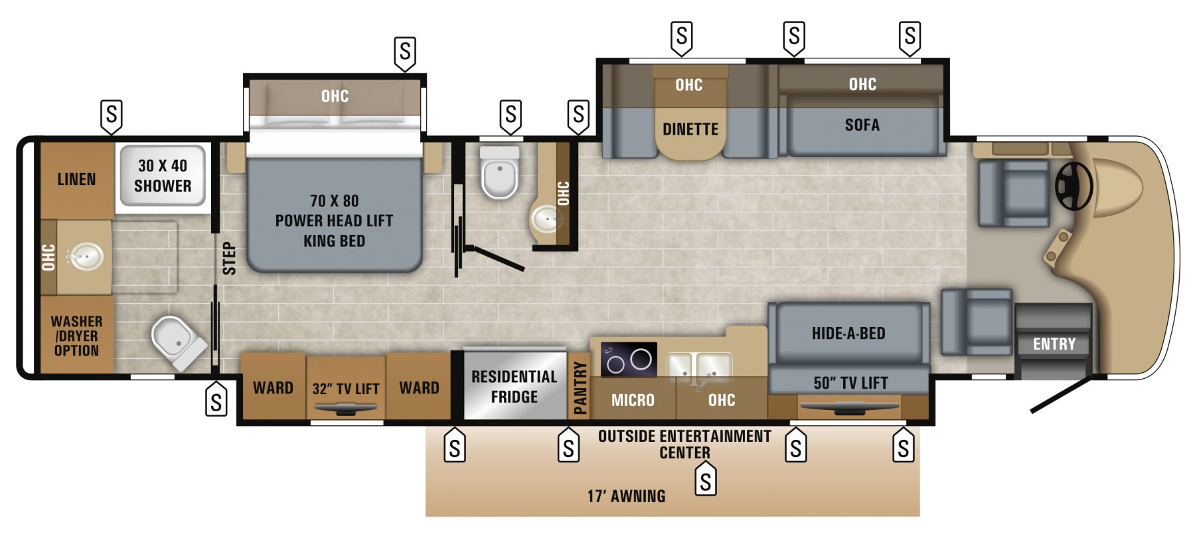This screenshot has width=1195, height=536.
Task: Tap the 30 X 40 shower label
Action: [163, 176]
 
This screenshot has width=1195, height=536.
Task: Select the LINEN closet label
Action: [76, 180]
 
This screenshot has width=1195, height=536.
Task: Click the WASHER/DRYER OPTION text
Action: [76, 336]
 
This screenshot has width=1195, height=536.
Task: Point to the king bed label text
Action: [334, 221]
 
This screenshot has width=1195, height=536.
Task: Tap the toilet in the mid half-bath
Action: [499, 173]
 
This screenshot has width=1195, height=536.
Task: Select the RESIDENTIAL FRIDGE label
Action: [514, 387]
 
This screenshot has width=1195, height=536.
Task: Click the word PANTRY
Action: [580, 387]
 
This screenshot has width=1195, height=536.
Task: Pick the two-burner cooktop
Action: [628, 360]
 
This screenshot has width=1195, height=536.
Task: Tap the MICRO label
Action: [633, 400]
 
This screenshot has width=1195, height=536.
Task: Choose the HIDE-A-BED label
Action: [848, 334]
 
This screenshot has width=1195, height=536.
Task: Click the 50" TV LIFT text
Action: [850, 383]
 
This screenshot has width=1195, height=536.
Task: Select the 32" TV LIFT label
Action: [346, 389]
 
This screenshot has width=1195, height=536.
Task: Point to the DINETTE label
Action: [690, 129]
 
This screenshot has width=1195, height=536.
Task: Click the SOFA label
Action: [862, 125]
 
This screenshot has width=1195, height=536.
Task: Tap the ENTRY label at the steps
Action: [1054, 344]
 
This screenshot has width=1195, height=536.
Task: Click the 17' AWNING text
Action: [626, 496]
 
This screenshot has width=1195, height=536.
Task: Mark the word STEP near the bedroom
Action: [229, 258]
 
